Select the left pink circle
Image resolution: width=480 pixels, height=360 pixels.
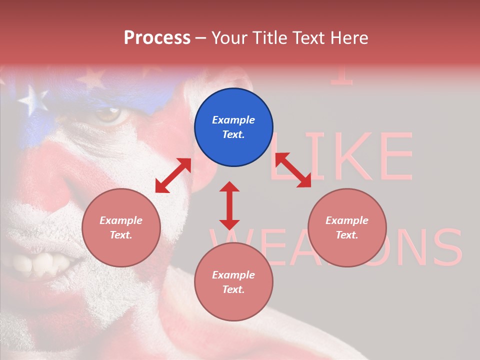(121, 227)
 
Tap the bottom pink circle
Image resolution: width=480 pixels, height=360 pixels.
(233, 281)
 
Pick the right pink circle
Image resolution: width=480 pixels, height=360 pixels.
(347, 227)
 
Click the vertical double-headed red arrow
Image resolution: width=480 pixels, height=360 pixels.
(229, 205)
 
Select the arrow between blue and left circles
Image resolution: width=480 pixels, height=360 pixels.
(173, 175)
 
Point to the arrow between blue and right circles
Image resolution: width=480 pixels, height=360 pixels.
(293, 170)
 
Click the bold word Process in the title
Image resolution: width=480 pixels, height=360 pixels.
(157, 38)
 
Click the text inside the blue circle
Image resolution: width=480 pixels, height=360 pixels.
(233, 127)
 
